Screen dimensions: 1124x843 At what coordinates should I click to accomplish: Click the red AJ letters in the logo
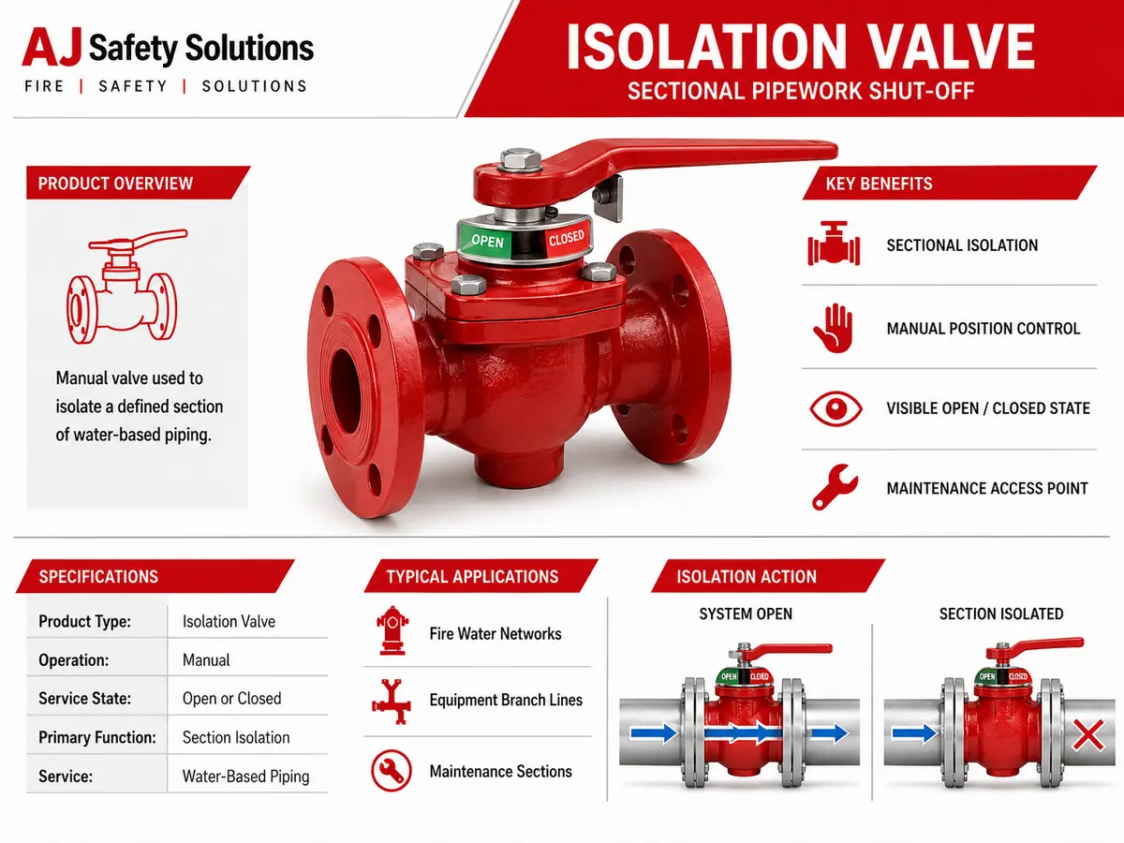pyautogui.click(x=52, y=48)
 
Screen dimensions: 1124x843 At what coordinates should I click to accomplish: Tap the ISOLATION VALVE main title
pyautogui.click(x=801, y=47)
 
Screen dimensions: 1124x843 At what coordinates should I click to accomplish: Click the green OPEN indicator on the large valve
pyautogui.click(x=485, y=240)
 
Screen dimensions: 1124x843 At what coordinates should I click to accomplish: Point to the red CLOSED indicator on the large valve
pyautogui.click(x=567, y=238)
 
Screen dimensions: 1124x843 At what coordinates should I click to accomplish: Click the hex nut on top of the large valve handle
pyautogui.click(x=520, y=159)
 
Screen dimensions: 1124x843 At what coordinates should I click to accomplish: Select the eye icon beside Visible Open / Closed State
pyautogui.click(x=836, y=408)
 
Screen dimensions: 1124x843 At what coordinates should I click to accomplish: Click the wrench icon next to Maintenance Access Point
pyautogui.click(x=835, y=487)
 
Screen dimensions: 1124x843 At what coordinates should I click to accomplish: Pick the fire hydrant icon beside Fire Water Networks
pyautogui.click(x=392, y=631)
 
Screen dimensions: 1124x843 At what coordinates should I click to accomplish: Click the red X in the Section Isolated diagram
pyautogui.click(x=1087, y=735)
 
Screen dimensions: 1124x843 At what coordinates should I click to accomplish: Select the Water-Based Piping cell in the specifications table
pyautogui.click(x=245, y=776)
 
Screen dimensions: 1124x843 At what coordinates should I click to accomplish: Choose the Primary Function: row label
pyautogui.click(x=97, y=737)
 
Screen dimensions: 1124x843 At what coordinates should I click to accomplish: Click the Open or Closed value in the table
pyautogui.click(x=232, y=699)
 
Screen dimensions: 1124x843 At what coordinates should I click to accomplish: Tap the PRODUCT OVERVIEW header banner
pyautogui.click(x=139, y=183)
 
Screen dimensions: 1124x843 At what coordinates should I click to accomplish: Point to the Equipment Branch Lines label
pyautogui.click(x=506, y=700)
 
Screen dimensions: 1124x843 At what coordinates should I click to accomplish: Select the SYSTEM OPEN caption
pyautogui.click(x=746, y=614)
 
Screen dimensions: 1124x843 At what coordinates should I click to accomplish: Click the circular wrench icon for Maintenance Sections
pyautogui.click(x=392, y=771)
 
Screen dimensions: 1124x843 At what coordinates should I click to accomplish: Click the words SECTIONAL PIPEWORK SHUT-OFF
pyautogui.click(x=801, y=91)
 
